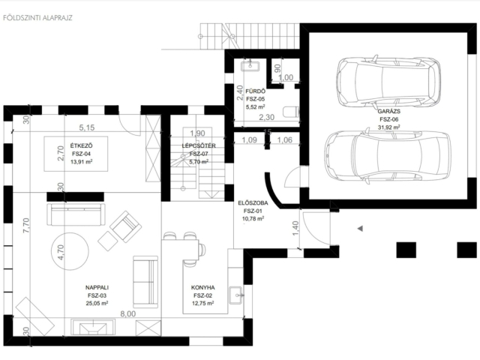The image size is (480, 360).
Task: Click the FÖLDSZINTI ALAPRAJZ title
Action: pyautogui.click(x=37, y=18)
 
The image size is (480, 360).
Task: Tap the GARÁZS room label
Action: pyautogui.click(x=388, y=112)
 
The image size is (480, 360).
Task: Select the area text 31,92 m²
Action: pyautogui.click(x=388, y=127)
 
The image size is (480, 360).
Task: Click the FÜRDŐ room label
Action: pyautogui.click(x=255, y=91)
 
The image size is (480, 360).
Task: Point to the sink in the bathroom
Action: pyautogui.click(x=250, y=66)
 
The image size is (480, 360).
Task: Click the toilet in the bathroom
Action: pyautogui.click(x=291, y=112)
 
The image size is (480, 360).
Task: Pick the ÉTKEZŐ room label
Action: pyautogui.click(x=82, y=146)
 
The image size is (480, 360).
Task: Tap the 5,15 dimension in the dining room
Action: pyautogui.click(x=87, y=127)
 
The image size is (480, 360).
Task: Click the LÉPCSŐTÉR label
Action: pyautogui.click(x=199, y=145)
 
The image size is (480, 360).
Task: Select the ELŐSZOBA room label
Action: pyautogui.click(x=253, y=203)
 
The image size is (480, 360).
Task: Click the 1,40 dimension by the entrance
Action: pyautogui.click(x=295, y=228)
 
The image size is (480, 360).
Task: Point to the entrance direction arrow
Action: pyautogui.click(x=360, y=228)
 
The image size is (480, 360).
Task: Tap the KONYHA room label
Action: pyautogui.click(x=203, y=287)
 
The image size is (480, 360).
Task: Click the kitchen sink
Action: pyautogui.click(x=236, y=295)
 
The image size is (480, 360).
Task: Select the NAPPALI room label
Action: pyautogui.click(x=97, y=287)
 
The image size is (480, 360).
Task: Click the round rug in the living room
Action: pyautogui.click(x=70, y=251)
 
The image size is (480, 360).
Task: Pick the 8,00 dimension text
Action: pyautogui.click(x=127, y=313)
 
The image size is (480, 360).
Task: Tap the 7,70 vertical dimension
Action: pyautogui.click(x=26, y=225)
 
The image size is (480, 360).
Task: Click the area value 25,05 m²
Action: pyautogui.click(x=97, y=303)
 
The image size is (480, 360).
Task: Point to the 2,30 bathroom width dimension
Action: pyautogui.click(x=267, y=117)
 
